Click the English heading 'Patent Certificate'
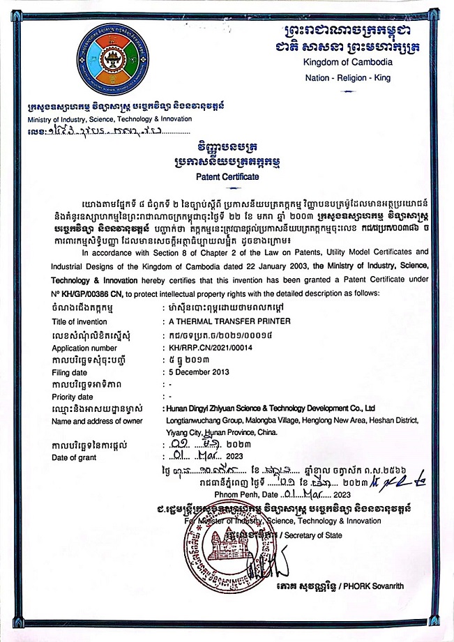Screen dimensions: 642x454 pos(227,177)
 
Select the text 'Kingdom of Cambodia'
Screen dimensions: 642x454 pos(348,62)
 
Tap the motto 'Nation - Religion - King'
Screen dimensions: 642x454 pos(348,78)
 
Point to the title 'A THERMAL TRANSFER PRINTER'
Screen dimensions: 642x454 pos(222,322)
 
